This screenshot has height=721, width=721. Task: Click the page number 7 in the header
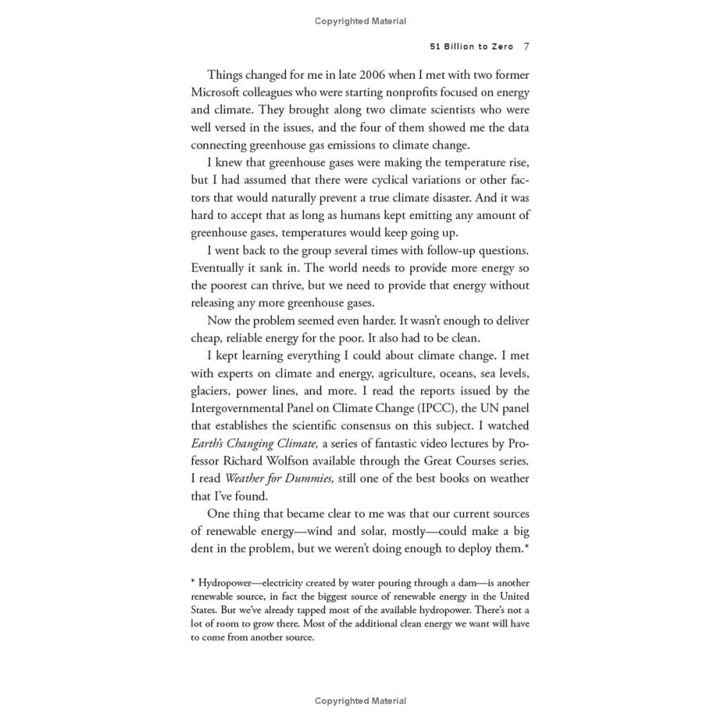click(x=526, y=47)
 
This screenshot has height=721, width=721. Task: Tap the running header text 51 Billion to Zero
click(x=472, y=47)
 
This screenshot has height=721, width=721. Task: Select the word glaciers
click(x=209, y=391)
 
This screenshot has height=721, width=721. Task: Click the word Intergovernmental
click(x=239, y=408)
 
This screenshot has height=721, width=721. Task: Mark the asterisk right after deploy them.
click(x=527, y=546)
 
